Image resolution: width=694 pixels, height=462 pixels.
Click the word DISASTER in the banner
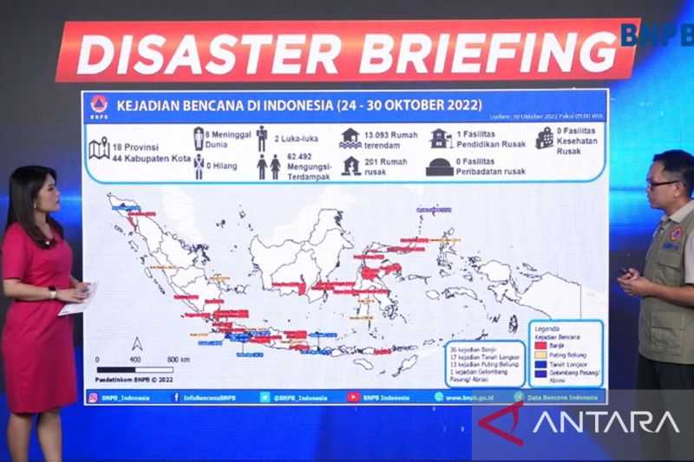[208, 54]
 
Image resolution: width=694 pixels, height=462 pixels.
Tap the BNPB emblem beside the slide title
[99, 105]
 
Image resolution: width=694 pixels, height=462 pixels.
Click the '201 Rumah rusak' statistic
[385, 166]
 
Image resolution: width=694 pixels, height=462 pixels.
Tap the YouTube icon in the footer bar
[352, 397]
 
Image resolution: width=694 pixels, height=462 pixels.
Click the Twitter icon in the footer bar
[265, 397]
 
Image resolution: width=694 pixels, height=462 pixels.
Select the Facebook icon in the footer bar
[176, 397]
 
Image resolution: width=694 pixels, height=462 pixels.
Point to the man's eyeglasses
[663, 184]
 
